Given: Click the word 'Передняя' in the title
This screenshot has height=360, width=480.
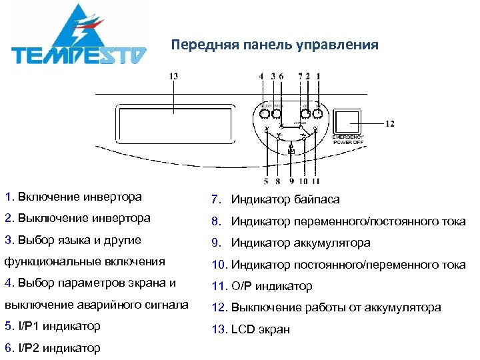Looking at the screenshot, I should coord(198,45).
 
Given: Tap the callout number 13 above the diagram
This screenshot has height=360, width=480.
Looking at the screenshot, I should coord(173,77).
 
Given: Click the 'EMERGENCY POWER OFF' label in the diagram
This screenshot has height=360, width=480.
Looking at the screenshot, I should coord(349,139).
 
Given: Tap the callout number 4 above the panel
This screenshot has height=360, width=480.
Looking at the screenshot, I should coord(261,77).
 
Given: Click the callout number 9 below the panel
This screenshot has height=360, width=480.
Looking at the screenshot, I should coord(291,180).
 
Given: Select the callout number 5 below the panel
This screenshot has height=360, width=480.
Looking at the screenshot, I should coord(265,180).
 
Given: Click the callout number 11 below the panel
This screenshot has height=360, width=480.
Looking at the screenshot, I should coord(315,180).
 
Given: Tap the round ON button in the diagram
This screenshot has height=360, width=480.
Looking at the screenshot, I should coord(318,115).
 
